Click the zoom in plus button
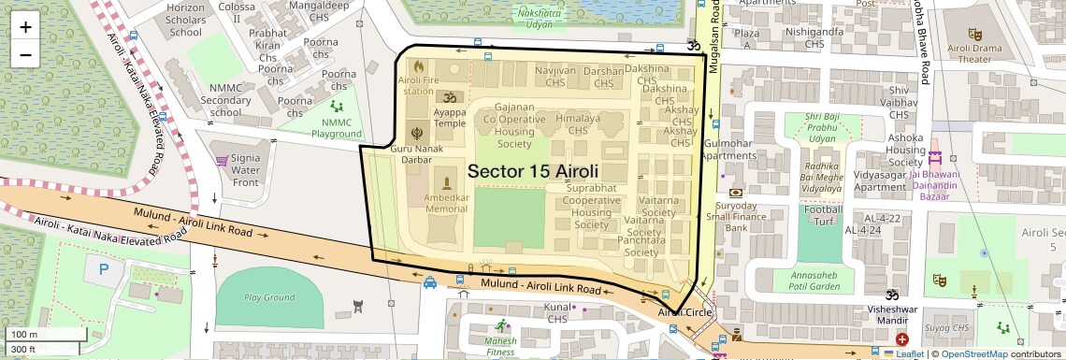(25, 26)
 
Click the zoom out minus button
(25, 54)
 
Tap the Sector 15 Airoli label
(532, 172)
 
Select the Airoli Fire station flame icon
(418, 67)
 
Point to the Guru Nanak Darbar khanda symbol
(417, 134)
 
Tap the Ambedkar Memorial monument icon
(447, 181)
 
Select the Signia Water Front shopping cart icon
(223, 160)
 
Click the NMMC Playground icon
(336, 108)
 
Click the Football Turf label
(822, 216)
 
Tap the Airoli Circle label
(685, 312)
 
